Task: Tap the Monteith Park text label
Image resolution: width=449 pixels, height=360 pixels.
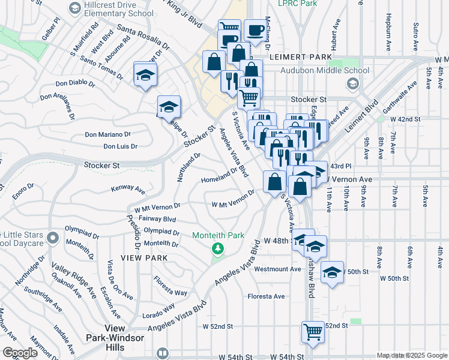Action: pyautogui.click(x=218, y=236)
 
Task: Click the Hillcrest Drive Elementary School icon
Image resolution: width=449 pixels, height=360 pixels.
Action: pyautogui.click(x=74, y=8)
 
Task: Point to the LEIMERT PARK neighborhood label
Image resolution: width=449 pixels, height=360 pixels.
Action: pyautogui.click(x=297, y=57)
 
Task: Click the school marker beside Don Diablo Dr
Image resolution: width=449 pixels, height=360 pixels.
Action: pyautogui.click(x=146, y=75)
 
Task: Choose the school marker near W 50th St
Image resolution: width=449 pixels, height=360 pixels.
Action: pyautogui.click(x=332, y=273)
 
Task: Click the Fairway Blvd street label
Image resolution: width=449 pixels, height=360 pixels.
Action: pyautogui.click(x=157, y=220)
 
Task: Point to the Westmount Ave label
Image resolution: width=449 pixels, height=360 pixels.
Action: pyautogui.click(x=277, y=269)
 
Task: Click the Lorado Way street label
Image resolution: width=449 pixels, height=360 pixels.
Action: pyautogui.click(x=158, y=310)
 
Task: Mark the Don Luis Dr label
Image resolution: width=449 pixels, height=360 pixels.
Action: pyautogui.click(x=120, y=146)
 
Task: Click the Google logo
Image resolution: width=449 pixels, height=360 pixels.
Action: pyautogui.click(x=20, y=353)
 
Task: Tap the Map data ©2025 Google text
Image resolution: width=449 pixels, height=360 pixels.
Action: pyautogui.click(x=411, y=355)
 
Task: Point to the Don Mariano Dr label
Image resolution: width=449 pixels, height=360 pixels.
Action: pyautogui.click(x=107, y=134)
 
